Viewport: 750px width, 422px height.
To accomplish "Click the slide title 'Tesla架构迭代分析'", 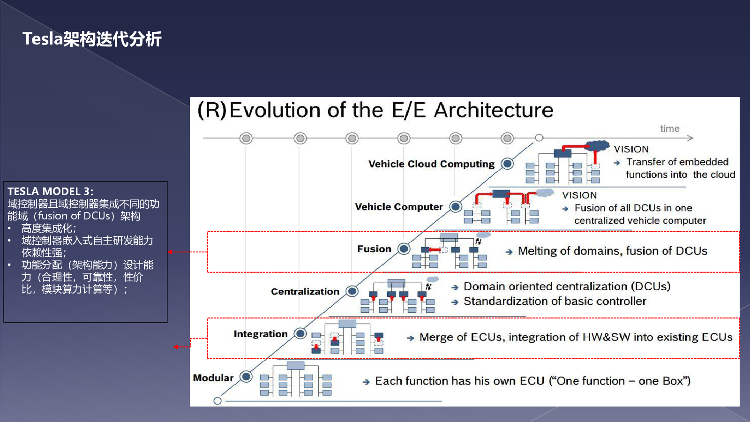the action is [x=92, y=39].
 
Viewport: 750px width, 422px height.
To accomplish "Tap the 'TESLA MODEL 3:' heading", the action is [x=50, y=191].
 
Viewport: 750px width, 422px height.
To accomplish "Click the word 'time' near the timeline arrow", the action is [x=670, y=128].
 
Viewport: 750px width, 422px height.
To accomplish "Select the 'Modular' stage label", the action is [x=213, y=378].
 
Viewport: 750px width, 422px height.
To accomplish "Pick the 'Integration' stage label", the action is [x=261, y=334].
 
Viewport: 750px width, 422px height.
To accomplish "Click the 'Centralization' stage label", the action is [x=305, y=291].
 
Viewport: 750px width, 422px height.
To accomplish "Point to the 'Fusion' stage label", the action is [x=374, y=249].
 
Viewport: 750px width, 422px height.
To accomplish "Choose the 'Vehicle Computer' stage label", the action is [x=399, y=207].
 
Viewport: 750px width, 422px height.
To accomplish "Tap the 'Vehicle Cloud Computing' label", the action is [x=431, y=164].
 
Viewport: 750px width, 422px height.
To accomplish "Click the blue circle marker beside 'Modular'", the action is [x=246, y=377].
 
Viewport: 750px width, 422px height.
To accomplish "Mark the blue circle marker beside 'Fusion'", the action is [x=404, y=249].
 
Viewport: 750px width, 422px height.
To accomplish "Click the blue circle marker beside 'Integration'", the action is [x=300, y=333].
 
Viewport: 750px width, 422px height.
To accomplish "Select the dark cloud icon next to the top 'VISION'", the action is [x=598, y=146].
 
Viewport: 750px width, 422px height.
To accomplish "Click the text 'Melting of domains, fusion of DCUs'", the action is [x=612, y=251].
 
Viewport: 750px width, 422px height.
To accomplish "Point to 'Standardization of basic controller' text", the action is [x=555, y=301].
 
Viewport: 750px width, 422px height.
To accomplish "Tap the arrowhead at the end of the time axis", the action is [x=690, y=138].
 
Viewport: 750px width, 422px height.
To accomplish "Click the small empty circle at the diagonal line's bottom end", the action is [x=217, y=400].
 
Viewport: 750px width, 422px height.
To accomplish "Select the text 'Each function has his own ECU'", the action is [x=460, y=381].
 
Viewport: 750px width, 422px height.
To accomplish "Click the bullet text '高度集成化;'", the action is [x=49, y=228].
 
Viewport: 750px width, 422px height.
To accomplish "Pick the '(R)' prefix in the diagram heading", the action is [x=212, y=110].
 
